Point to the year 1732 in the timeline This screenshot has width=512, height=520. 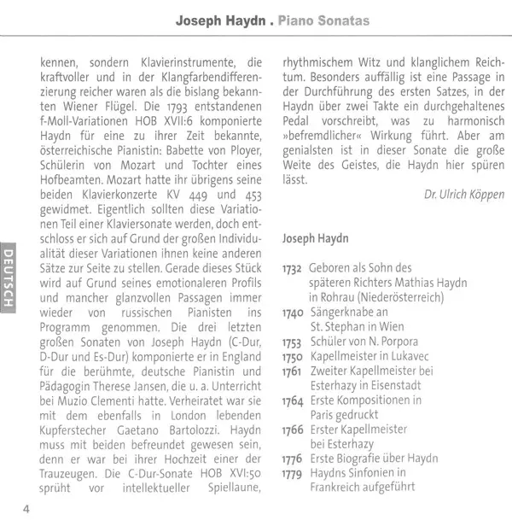pyautogui.click(x=293, y=268)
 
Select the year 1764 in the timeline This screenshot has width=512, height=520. pyautogui.click(x=293, y=400)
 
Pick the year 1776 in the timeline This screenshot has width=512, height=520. pyautogui.click(x=293, y=459)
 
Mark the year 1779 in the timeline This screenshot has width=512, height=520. pyautogui.click(x=293, y=473)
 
